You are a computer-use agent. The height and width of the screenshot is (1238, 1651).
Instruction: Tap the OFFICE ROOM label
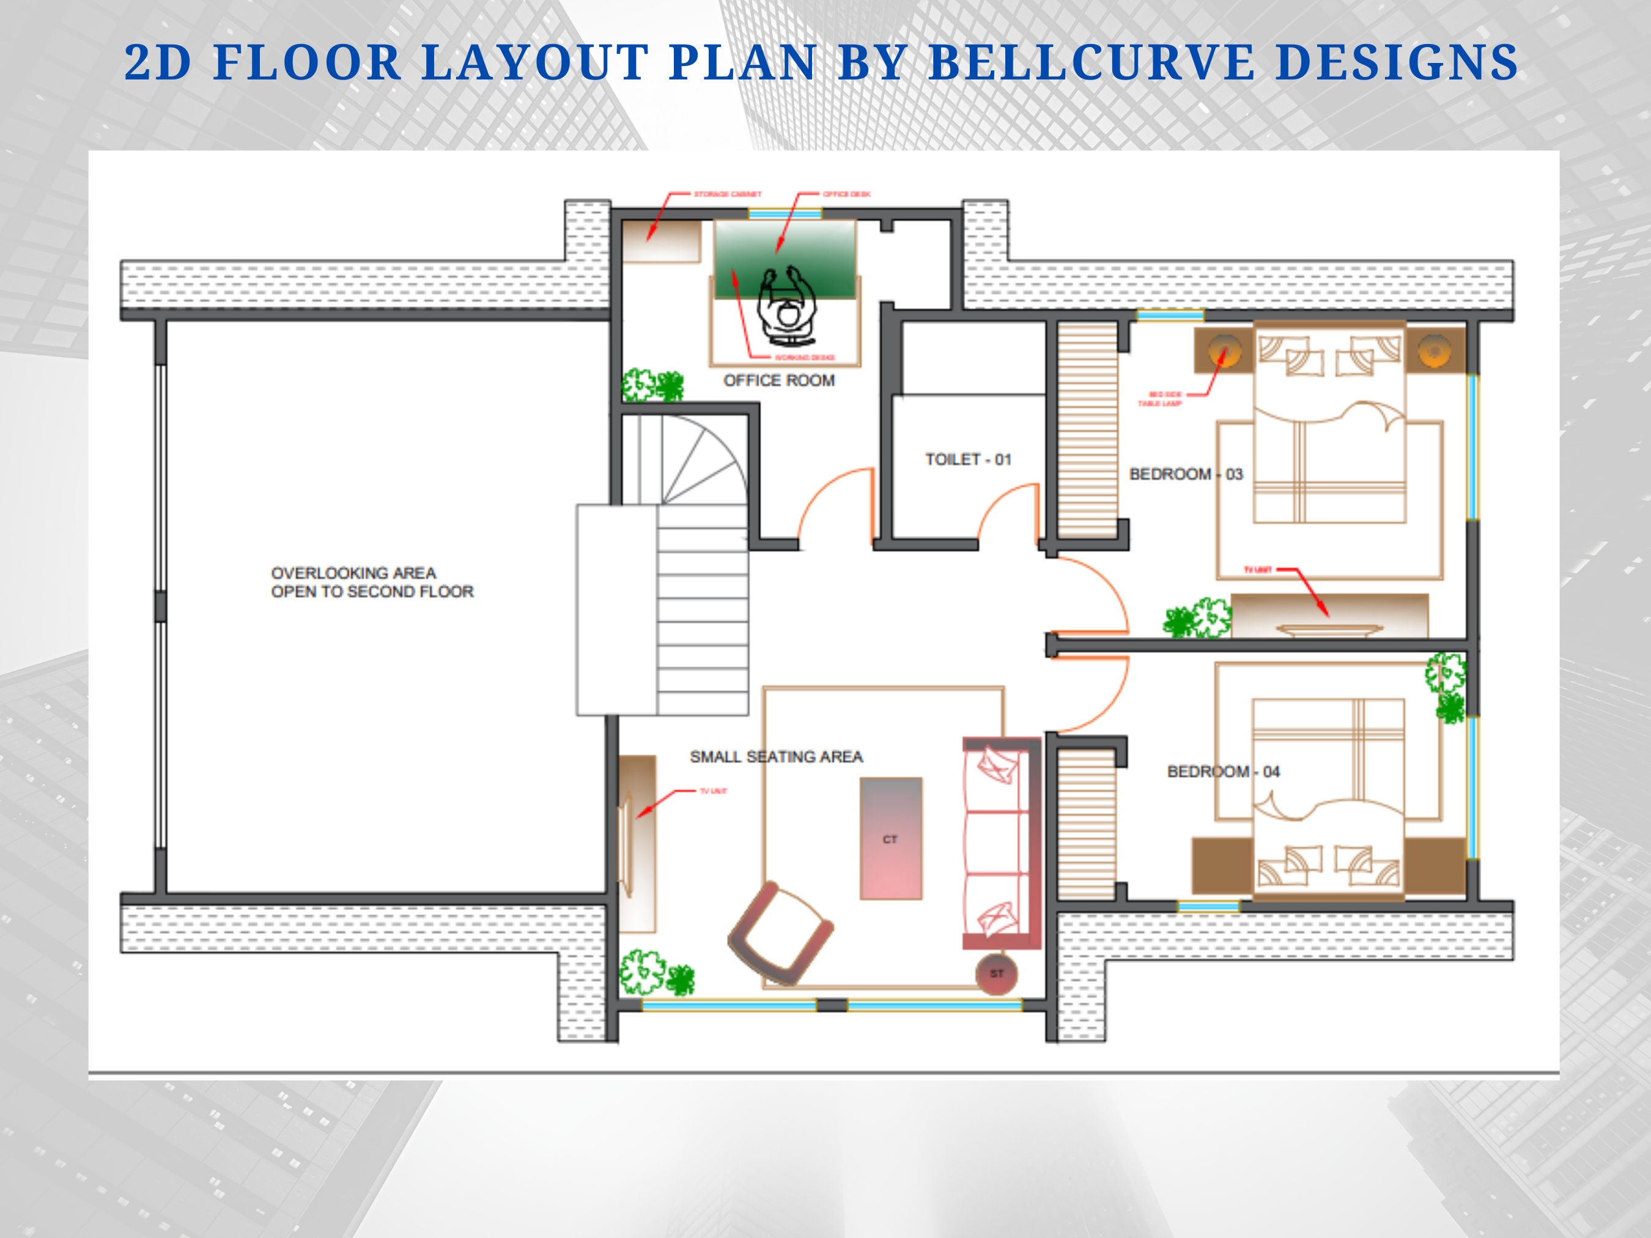coord(778,381)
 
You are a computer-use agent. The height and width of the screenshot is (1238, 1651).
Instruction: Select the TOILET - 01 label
coord(968,460)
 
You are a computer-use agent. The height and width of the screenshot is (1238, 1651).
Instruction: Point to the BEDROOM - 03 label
coord(1185,474)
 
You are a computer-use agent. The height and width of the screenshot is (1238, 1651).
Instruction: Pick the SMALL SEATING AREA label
coord(776,757)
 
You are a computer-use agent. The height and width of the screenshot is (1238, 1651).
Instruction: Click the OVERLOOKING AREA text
coord(353,573)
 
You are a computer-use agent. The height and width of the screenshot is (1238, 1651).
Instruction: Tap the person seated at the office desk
coord(787,308)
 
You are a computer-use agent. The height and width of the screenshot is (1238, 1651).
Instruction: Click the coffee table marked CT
coord(890,839)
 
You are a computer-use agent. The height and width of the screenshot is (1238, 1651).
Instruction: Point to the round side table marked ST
coord(997,974)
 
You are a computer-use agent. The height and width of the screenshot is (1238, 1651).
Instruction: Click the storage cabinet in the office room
coord(661,241)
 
